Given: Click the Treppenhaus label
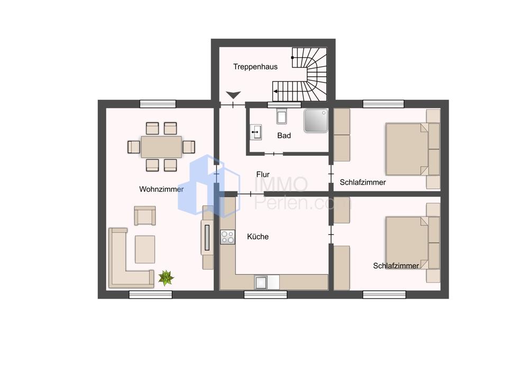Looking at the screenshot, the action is (256, 67).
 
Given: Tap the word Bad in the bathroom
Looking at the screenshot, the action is (284, 135).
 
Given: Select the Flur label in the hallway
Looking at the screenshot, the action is (263, 174).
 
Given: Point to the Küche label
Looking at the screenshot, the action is (258, 237).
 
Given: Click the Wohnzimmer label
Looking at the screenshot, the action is (161, 189).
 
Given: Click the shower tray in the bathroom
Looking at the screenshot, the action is (316, 120).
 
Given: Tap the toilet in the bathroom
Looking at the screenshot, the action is (282, 116).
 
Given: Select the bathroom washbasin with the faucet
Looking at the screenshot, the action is (256, 132).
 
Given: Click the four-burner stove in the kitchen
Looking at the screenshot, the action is (227, 237).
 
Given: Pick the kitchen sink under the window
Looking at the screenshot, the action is (261, 282).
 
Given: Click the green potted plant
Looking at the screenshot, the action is (166, 278).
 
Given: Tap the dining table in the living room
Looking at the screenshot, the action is (161, 147).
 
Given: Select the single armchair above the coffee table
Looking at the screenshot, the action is (145, 216).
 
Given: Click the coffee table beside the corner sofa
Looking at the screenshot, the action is (145, 249).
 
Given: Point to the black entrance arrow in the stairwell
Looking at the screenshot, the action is (233, 95).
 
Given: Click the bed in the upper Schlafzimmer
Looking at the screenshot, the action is (407, 150).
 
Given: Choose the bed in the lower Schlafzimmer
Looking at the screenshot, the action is (407, 243).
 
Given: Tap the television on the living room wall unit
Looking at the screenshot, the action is (207, 238).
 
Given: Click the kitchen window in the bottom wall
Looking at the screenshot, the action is (266, 295).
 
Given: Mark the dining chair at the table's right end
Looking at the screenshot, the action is (189, 147).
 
